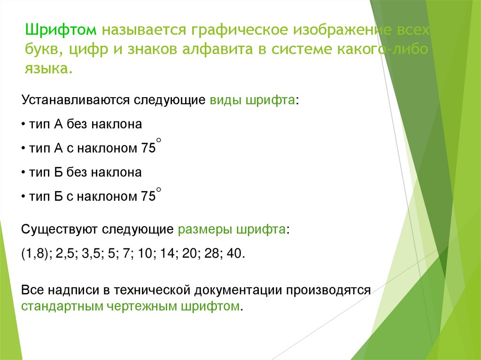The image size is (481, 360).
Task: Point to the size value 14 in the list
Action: [x=167, y=254]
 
